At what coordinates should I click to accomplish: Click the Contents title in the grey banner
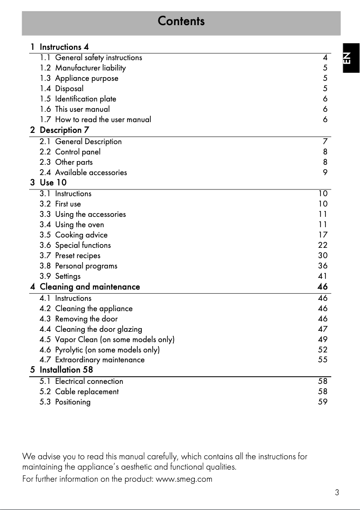pyautogui.click(x=181, y=21)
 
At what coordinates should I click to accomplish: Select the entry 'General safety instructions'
pyautogui.click(x=98, y=57)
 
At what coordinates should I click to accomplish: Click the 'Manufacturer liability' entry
pyautogui.click(x=90, y=68)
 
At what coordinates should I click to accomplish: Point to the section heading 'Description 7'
pyautogui.click(x=64, y=130)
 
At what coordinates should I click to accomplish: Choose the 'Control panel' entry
pyautogui.click(x=78, y=152)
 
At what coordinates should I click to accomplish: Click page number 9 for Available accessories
pyautogui.click(x=325, y=172)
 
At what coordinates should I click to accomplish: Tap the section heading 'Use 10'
pyautogui.click(x=53, y=183)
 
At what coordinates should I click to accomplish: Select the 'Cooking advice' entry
pyautogui.click(x=81, y=235)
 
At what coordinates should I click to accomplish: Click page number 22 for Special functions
pyautogui.click(x=323, y=245)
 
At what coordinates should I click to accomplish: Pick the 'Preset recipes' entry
pyautogui.click(x=78, y=255)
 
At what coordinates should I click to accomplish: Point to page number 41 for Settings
pyautogui.click(x=323, y=276)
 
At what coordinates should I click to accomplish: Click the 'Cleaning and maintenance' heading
pyautogui.click(x=90, y=286)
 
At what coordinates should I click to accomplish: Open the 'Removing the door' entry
pyautogui.click(x=86, y=319)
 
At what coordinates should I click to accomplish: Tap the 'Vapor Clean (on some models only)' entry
pyautogui.click(x=114, y=339)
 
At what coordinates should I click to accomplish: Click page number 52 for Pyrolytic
pyautogui.click(x=323, y=350)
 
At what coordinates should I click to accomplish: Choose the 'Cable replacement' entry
pyautogui.click(x=87, y=391)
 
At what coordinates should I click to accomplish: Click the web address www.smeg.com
pyautogui.click(x=184, y=479)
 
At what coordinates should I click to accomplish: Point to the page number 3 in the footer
pyautogui.click(x=337, y=492)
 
